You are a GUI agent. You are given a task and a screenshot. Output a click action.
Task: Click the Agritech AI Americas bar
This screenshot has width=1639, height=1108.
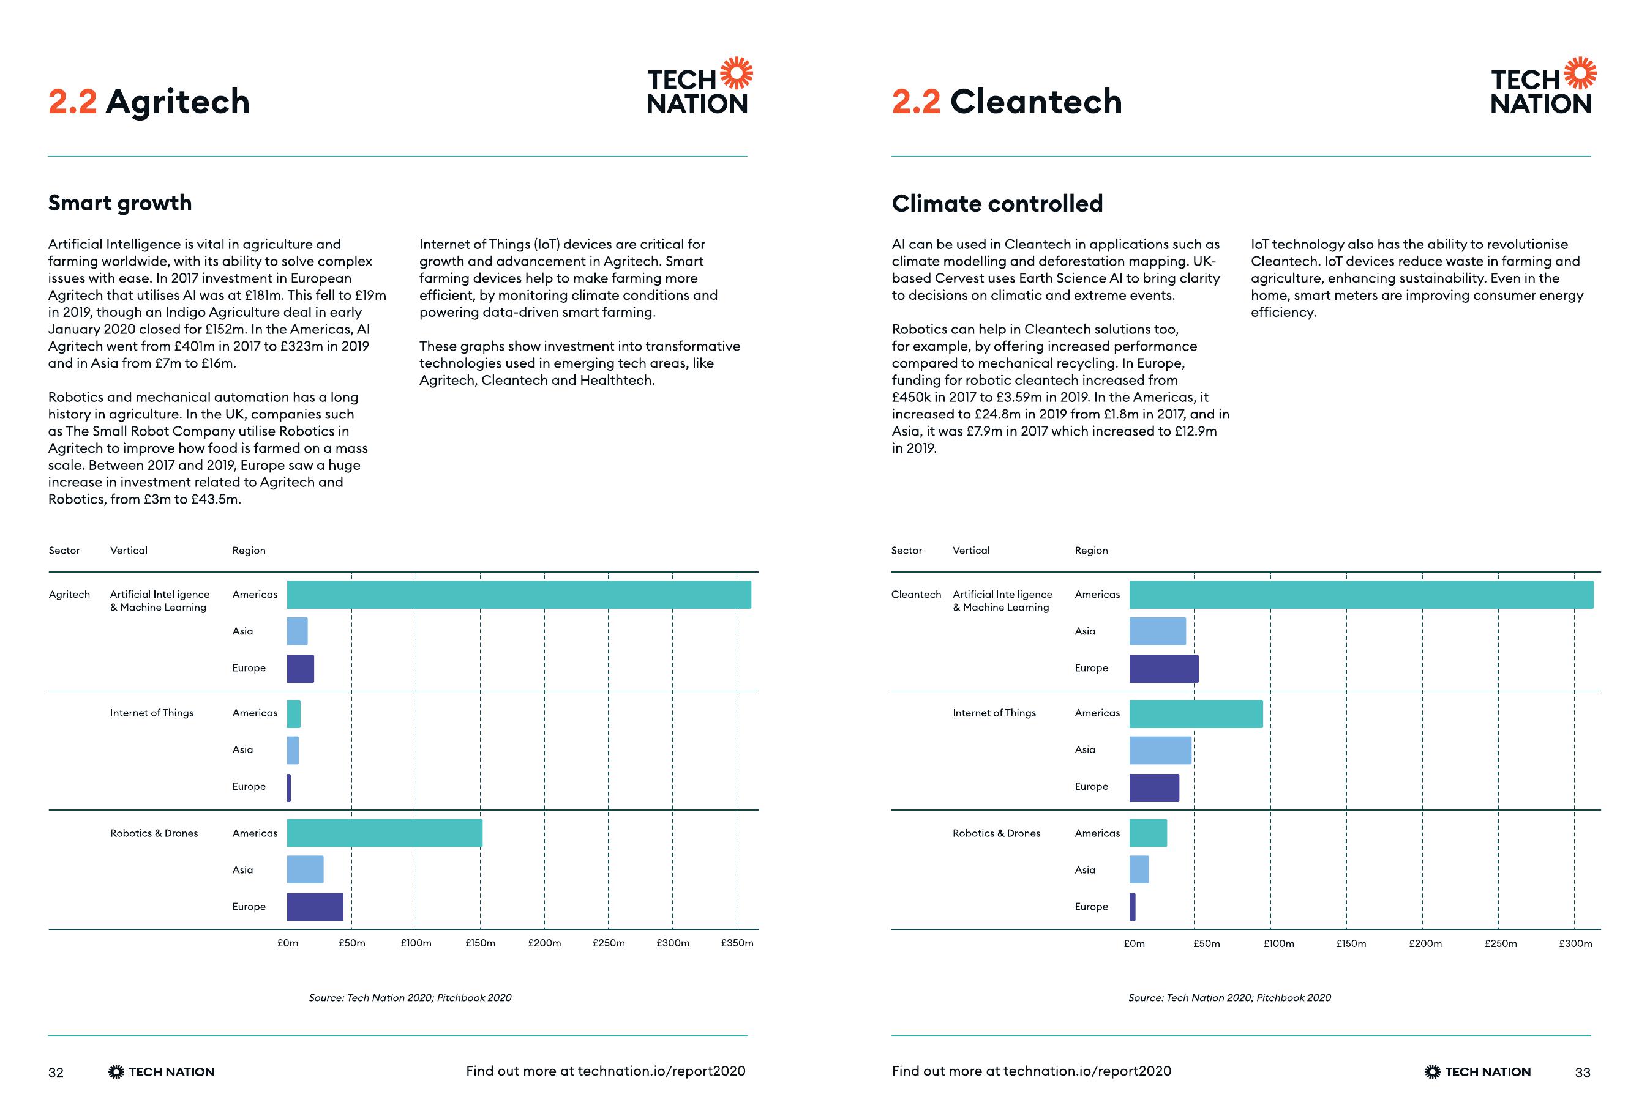point(519,594)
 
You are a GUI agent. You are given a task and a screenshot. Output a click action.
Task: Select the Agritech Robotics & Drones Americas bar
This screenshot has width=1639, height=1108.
point(384,833)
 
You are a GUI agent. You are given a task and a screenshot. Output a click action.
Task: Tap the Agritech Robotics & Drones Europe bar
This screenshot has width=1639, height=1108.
point(315,907)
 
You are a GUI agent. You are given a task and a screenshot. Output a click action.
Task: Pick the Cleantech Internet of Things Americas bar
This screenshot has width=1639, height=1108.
point(1195,713)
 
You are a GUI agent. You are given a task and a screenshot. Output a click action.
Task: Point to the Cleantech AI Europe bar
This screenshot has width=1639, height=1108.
point(1164,668)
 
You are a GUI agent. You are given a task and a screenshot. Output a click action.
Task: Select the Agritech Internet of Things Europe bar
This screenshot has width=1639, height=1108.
point(289,787)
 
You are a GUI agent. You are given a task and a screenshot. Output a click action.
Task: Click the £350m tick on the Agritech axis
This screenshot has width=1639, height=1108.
point(737,943)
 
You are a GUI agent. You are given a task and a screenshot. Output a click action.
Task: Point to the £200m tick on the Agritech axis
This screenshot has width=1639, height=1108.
point(544,943)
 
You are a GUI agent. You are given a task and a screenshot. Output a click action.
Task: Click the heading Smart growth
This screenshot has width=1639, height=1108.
point(120,203)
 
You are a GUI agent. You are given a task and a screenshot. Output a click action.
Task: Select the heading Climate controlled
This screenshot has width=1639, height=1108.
point(997,204)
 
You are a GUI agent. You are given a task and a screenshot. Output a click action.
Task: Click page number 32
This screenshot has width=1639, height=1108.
point(56,1073)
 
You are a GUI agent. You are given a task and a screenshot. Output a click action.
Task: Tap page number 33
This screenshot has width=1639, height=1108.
point(1583,1073)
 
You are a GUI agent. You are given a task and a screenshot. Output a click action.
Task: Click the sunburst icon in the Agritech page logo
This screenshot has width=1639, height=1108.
point(737,73)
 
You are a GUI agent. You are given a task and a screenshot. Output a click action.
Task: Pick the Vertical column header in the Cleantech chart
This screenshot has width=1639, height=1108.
point(971,551)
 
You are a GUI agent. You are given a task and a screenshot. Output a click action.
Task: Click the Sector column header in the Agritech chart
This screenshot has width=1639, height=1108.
point(64,551)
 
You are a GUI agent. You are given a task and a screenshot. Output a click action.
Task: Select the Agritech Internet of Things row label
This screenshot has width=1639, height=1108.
point(152,713)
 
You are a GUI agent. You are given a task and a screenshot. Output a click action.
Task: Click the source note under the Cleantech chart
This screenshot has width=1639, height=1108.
point(1229,997)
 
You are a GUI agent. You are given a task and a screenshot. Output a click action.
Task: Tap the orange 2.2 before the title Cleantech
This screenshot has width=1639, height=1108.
point(915,102)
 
